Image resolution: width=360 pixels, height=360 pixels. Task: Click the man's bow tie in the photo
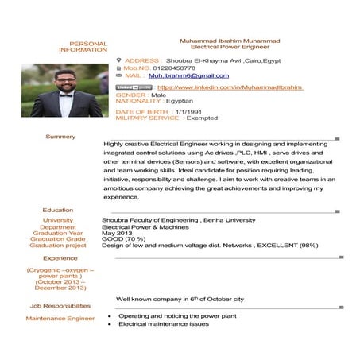[64, 95]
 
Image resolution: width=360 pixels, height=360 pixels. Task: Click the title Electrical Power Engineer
[230, 47]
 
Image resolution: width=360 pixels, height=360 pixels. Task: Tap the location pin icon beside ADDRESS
[119, 60]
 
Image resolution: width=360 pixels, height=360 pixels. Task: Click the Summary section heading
[60, 137]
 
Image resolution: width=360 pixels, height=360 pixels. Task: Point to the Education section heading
[58, 211]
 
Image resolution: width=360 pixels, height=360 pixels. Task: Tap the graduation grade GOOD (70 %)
[123, 239]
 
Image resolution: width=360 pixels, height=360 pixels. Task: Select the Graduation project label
[58, 246]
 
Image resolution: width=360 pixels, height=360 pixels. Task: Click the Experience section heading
[60, 258]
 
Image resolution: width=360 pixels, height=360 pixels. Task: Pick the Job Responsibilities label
[60, 305]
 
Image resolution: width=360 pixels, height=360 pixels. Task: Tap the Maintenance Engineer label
[60, 319]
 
